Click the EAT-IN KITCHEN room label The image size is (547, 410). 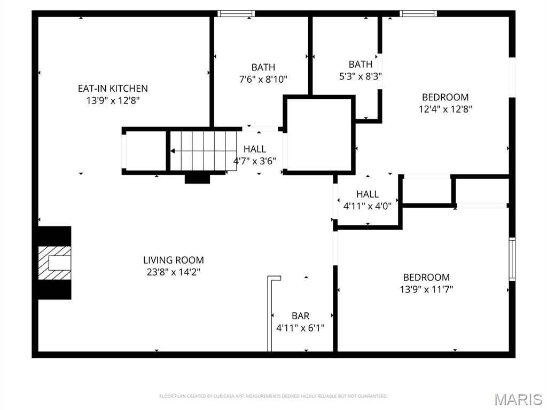coord(113,88)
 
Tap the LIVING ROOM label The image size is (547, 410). coord(173,260)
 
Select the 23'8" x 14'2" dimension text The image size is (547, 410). coord(173,272)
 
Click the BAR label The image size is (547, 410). coord(300,316)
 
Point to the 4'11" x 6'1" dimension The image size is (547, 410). coord(300,328)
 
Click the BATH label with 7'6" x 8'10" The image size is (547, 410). coord(263,67)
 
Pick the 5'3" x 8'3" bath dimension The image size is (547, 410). coord(360,76)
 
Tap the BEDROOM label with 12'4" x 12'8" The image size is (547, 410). coord(445,97)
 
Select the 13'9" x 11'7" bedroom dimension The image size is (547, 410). coord(426,289)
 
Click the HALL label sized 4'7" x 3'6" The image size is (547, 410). coord(255,149)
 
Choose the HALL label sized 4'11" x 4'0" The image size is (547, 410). coord(368,194)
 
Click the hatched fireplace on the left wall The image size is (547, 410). coord(54,263)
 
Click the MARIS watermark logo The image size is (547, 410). coord(518,399)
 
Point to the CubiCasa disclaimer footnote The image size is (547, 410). coord(273,396)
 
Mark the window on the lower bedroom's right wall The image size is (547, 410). coord(512,259)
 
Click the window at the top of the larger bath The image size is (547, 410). coord(236,13)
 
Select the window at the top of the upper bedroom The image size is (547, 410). coord(418,13)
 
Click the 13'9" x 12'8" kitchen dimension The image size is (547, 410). coord(113,100)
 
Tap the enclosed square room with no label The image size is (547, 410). coord(319,135)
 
